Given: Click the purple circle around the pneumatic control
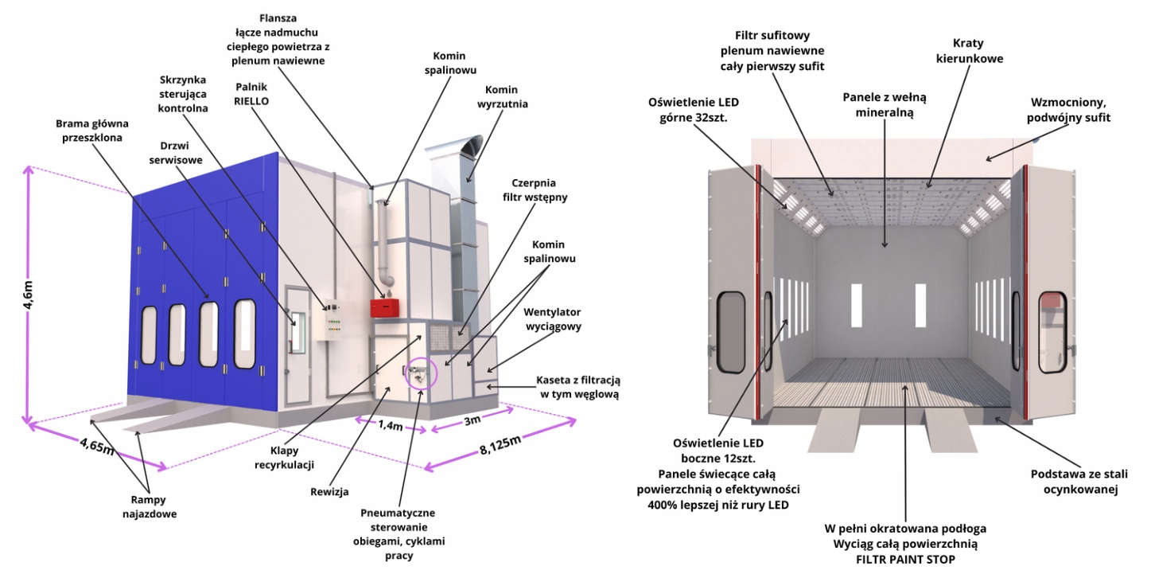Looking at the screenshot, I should [421, 373].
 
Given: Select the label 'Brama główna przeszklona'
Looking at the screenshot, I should [92, 131].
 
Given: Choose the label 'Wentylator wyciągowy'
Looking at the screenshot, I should [552, 318].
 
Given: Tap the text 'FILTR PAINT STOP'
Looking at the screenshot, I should [906, 560].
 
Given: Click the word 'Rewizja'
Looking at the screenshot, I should [330, 491].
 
